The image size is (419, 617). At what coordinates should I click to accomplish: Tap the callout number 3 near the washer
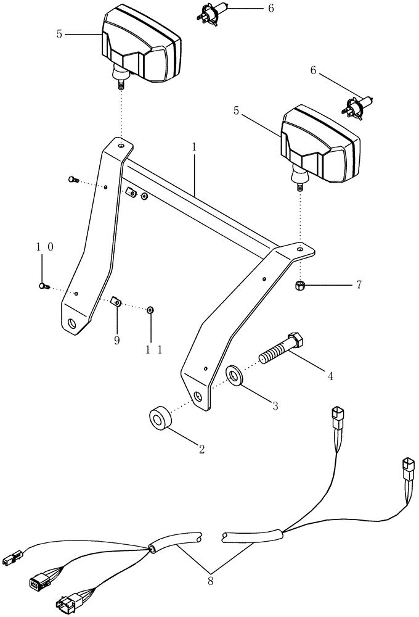coord(275,405)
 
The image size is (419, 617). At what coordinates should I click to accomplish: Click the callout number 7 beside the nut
coord(358,284)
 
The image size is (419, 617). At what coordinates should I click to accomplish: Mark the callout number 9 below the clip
coord(116,339)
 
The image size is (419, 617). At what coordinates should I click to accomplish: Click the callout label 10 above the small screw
coord(42,247)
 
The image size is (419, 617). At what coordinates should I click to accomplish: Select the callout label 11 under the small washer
coord(153,349)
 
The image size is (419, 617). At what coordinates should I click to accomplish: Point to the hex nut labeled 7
coord(300,285)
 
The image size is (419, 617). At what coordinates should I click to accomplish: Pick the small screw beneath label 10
coord(43,285)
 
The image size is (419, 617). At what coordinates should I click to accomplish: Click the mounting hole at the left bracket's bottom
coord(73,323)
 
